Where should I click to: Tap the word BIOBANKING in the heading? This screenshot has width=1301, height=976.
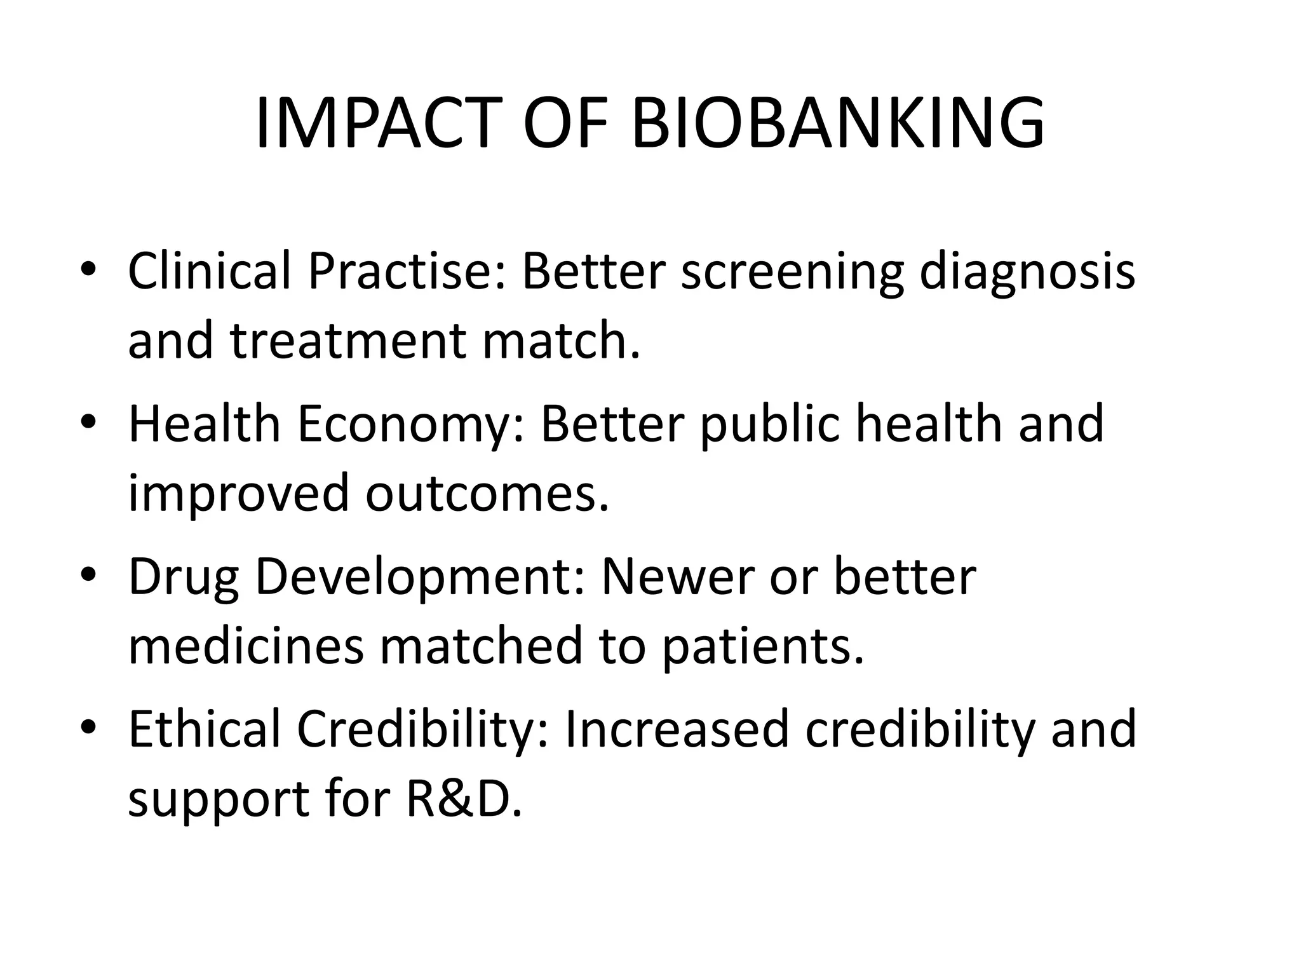[838, 123]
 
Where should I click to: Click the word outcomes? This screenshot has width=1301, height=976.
[487, 492]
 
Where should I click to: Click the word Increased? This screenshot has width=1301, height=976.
[676, 729]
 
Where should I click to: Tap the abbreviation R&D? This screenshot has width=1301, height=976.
[463, 797]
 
